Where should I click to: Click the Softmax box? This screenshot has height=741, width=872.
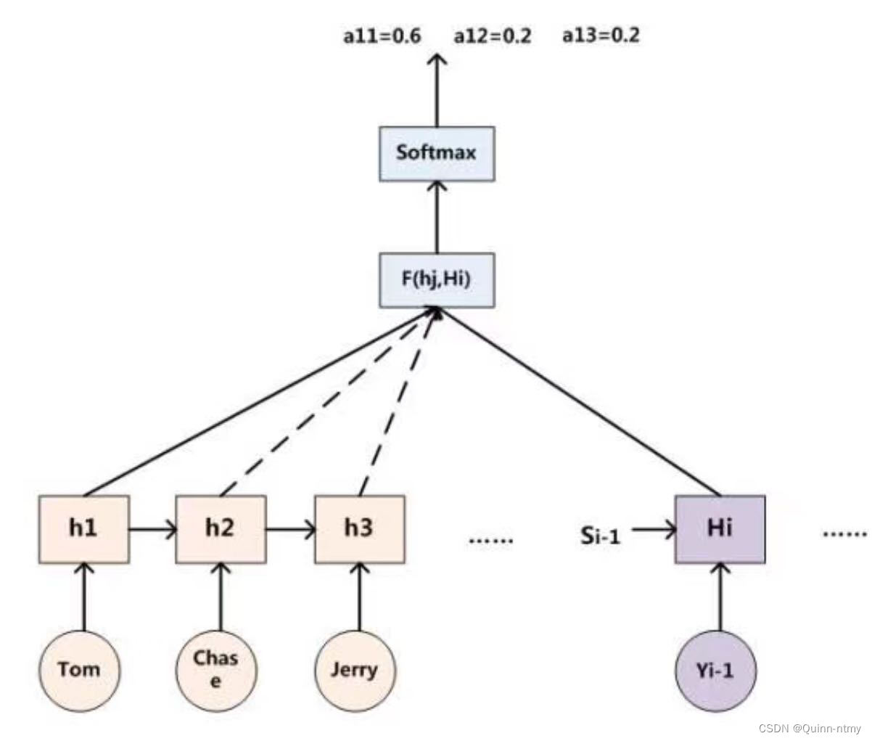[x=437, y=154]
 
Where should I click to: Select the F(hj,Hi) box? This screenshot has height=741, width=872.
[x=437, y=279]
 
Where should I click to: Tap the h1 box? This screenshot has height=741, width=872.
[x=84, y=529]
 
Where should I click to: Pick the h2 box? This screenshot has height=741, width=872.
[x=221, y=529]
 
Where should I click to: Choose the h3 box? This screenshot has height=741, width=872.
[x=359, y=529]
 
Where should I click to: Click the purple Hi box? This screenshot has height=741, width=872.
[x=720, y=529]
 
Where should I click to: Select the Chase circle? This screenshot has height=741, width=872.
[x=216, y=669]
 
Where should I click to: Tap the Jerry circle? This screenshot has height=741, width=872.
[x=354, y=669]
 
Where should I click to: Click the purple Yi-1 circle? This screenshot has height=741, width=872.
[x=715, y=669]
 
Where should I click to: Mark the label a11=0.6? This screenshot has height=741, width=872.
[x=382, y=36]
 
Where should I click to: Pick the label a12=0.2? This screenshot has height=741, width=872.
[x=492, y=36]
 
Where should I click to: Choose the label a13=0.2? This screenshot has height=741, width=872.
[x=601, y=35]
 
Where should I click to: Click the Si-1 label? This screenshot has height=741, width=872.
[x=600, y=535]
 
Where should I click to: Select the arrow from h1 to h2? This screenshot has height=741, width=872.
[x=152, y=530]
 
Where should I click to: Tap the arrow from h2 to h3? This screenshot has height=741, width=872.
[x=290, y=530]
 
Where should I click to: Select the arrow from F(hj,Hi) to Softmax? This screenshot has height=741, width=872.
[x=437, y=216]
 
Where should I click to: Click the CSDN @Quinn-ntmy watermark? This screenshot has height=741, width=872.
[x=810, y=729]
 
